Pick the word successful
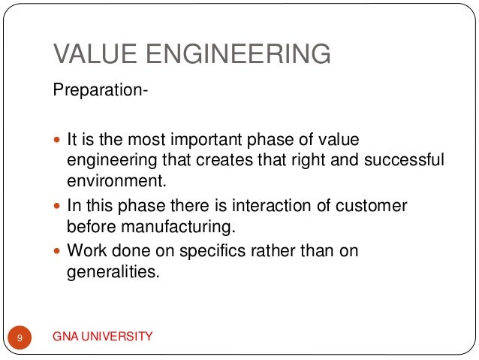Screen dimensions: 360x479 pyautogui.click(x=401, y=160)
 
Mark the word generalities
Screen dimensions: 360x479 pyautogui.click(x=113, y=271)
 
